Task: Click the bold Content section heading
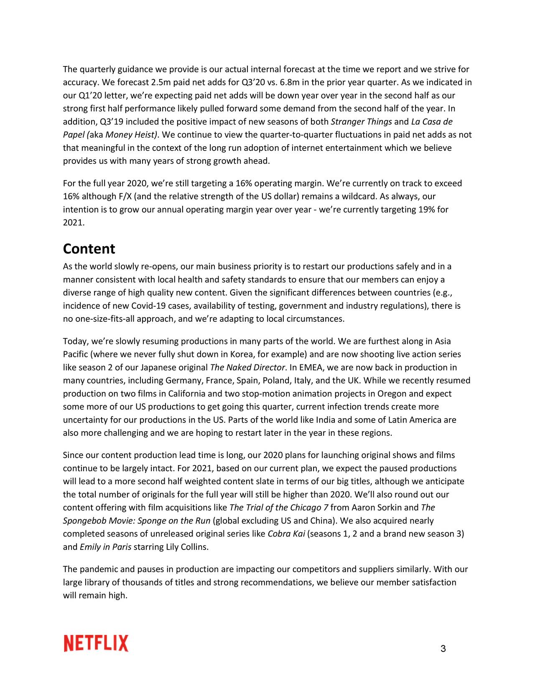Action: (89, 249)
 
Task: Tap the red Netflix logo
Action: (96, 644)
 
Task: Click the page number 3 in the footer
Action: (443, 649)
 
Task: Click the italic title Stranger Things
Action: (361, 122)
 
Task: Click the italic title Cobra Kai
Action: (286, 534)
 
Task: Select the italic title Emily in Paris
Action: (105, 547)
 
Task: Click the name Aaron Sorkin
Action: (377, 507)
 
